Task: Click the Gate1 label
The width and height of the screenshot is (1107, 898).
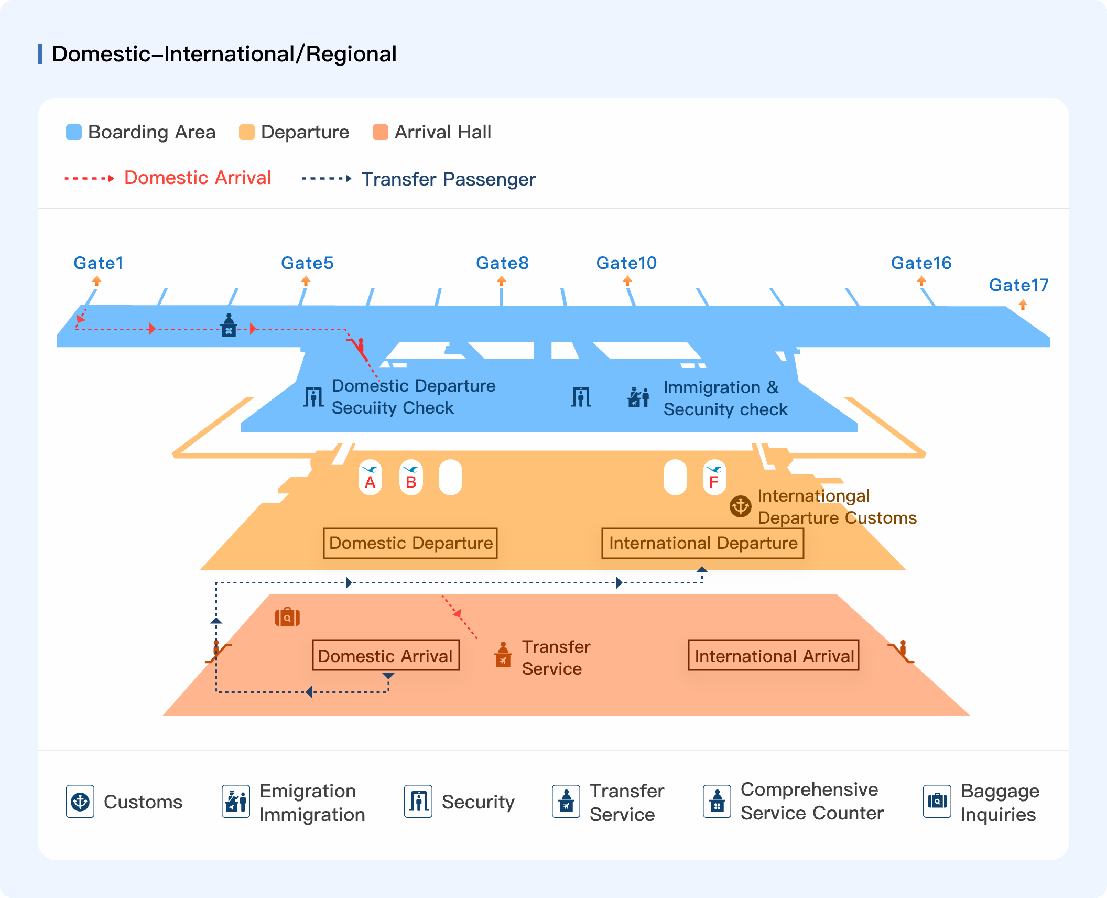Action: pos(98,263)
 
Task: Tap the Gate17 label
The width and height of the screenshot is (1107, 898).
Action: pos(1018,285)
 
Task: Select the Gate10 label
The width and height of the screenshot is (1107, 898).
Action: pos(626,263)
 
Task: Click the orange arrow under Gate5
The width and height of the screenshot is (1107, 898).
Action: pos(306,281)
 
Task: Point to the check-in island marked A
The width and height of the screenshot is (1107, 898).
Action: pos(370,478)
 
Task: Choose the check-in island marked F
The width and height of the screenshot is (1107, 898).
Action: pos(714,478)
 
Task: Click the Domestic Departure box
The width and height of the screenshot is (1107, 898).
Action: pos(410,543)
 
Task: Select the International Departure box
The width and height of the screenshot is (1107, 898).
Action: pos(703,543)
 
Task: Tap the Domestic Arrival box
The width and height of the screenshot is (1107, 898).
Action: pos(386,655)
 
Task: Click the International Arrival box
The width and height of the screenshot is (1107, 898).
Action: pos(774,655)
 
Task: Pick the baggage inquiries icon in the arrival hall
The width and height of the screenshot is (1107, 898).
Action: pos(287,617)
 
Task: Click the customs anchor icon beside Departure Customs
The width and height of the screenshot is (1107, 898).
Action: pos(741,506)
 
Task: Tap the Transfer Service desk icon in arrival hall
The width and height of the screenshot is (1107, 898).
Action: pos(503,654)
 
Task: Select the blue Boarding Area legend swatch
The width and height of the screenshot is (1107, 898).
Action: pos(74,132)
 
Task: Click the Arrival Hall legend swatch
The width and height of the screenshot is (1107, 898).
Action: pos(381,132)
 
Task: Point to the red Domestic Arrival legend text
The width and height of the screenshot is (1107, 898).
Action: pos(198,178)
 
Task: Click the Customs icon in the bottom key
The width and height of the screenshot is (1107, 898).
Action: pos(80,801)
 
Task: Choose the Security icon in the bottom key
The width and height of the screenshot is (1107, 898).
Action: pos(418,801)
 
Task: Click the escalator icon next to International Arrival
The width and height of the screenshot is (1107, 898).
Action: pos(902,652)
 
